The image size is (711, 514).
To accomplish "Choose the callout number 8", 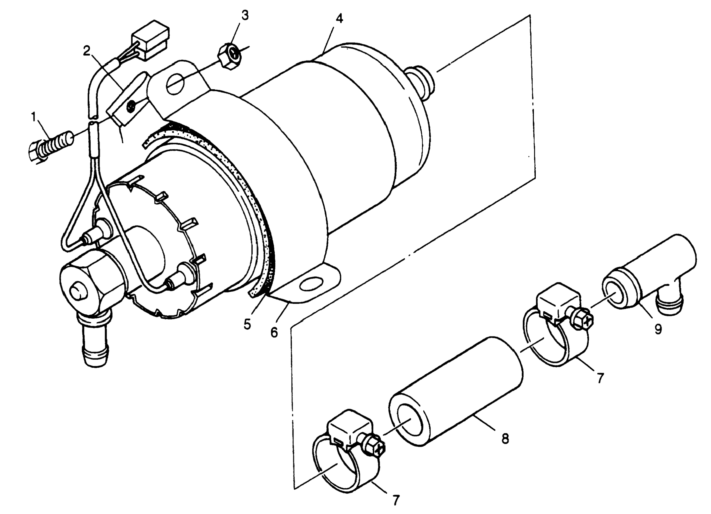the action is click(x=505, y=439).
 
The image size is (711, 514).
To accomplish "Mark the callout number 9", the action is click(x=658, y=329).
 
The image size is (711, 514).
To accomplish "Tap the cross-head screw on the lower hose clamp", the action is click(x=375, y=451).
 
